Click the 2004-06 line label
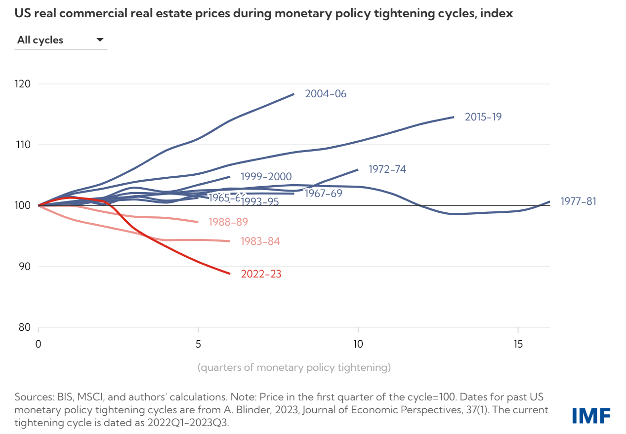coord(326,94)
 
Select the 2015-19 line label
coord(483,117)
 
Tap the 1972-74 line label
coord(387,169)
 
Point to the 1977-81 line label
coord(578,201)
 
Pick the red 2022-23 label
coord(261,274)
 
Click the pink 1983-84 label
coord(260,241)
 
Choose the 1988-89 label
coord(228,222)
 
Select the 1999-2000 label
coord(266,177)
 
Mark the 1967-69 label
coord(323,194)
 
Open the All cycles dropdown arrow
coord(100,40)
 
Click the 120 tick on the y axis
coord(23,84)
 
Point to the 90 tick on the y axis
coord(25,267)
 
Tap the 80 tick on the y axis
coord(25,327)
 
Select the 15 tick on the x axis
coord(517,343)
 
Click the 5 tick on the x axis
coord(198,343)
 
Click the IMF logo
coord(591,415)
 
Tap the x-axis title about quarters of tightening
coord(294,367)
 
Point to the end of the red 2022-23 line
coord(230,274)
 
